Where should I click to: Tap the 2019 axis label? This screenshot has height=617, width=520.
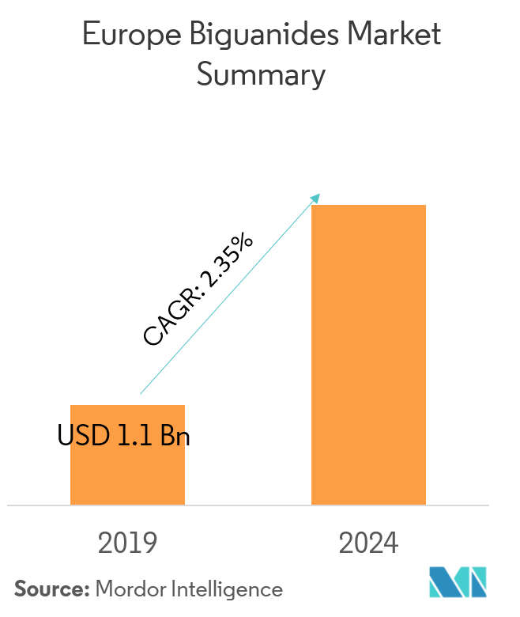pos(127,543)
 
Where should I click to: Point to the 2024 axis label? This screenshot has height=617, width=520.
pos(368,543)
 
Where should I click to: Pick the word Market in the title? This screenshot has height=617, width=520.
pos(395,36)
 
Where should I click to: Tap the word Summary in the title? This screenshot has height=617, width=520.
pos(260,75)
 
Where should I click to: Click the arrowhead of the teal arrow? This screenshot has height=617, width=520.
pos(316,196)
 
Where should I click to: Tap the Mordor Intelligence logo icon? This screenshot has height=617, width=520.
pos(458,582)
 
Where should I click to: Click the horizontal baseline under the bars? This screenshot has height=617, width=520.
pos(248,505)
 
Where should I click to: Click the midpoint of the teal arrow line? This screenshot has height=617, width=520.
pos(229,293)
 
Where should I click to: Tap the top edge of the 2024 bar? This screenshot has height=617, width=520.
pos(368,206)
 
